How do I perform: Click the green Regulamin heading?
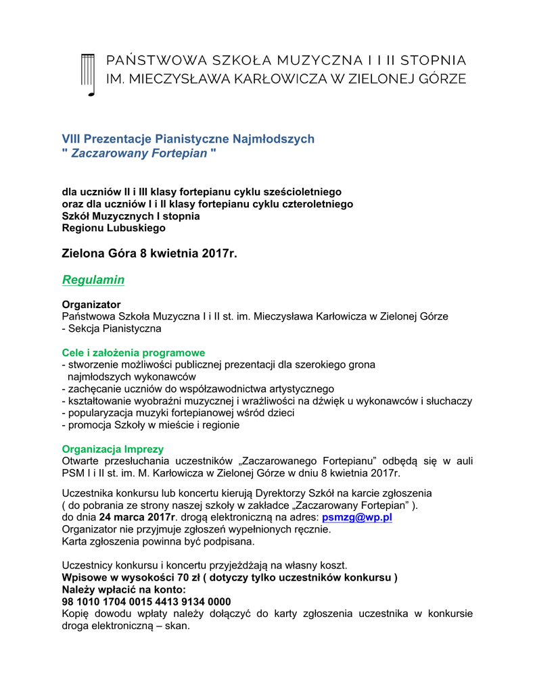[x=93, y=280]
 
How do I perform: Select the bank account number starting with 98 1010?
[x=146, y=601]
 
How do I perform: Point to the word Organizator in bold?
[x=91, y=305]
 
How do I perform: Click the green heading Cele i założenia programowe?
[x=133, y=353]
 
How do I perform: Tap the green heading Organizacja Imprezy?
[x=113, y=449]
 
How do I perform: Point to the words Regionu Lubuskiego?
[x=114, y=228]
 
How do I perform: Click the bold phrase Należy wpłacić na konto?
[x=122, y=589]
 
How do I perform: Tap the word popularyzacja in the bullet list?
[x=95, y=413]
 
